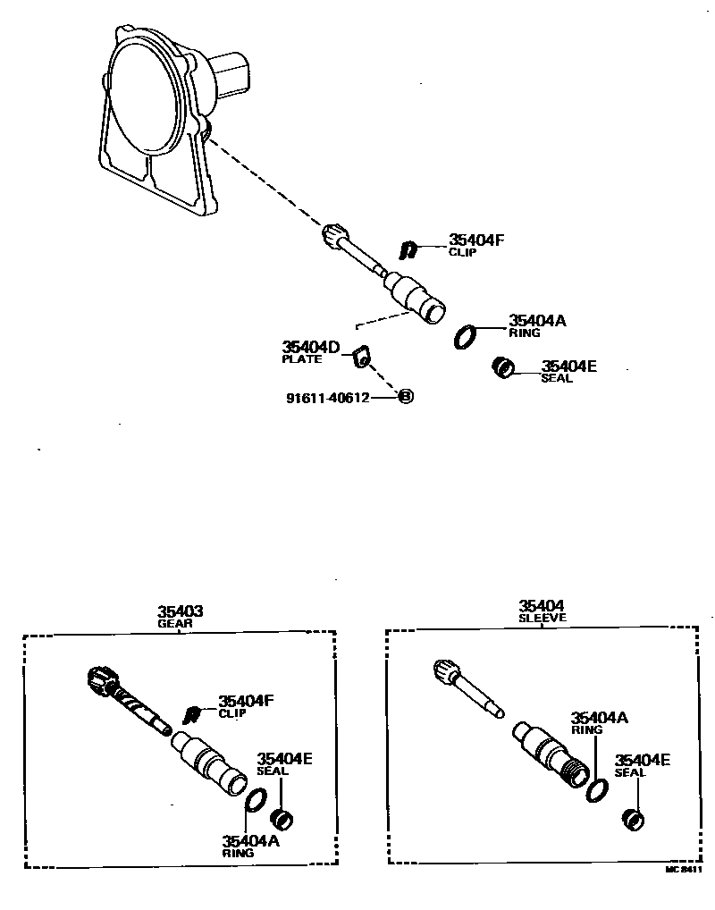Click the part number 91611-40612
click(x=327, y=398)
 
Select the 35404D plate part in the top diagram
click(x=361, y=357)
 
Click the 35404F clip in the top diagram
click(x=408, y=249)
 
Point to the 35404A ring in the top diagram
click(x=465, y=336)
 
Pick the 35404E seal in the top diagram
click(x=505, y=367)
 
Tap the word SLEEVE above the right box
click(x=543, y=618)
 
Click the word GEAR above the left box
click(x=175, y=624)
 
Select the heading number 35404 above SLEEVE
click(x=543, y=605)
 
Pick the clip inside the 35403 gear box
click(x=190, y=713)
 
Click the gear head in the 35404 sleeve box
click(x=445, y=670)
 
